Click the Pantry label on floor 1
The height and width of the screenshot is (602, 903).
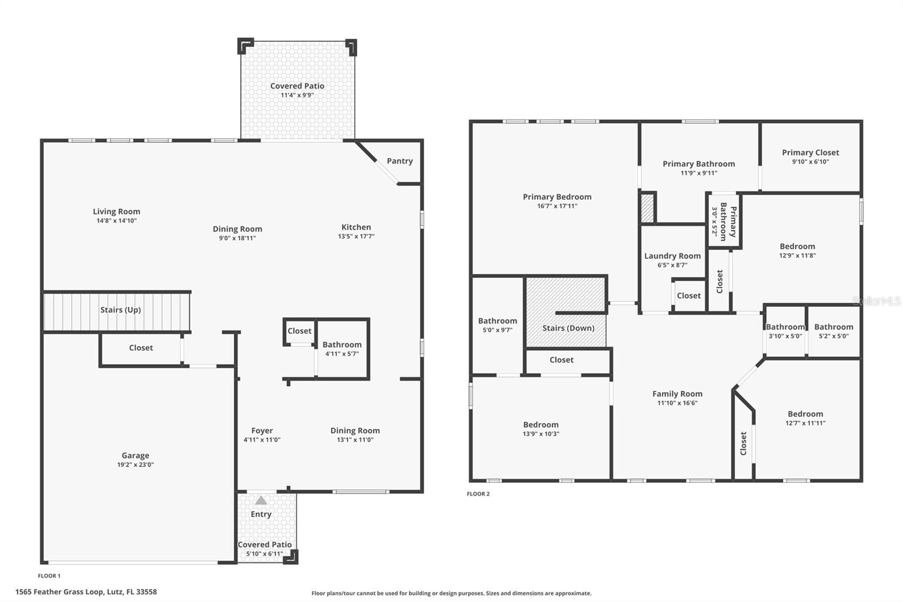(x=400, y=161)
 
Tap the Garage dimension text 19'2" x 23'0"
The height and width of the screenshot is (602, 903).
(x=135, y=465)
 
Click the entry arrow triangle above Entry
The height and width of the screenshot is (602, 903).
(x=261, y=500)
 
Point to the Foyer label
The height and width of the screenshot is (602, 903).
(x=262, y=430)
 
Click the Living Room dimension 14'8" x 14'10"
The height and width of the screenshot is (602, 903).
(x=116, y=221)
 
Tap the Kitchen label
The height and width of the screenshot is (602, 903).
(x=356, y=227)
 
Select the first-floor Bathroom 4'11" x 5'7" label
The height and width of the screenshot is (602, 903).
(x=342, y=344)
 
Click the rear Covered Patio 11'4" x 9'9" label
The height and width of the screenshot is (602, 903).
(x=297, y=86)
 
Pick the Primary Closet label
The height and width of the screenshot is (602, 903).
(x=810, y=152)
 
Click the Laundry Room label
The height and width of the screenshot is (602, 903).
(x=672, y=256)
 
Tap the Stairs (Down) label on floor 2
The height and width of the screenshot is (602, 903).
(x=568, y=328)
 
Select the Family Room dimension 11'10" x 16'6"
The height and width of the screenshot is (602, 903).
(x=677, y=403)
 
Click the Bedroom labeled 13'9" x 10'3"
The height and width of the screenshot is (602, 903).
(x=541, y=425)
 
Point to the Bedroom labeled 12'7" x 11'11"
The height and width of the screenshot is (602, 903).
(x=805, y=414)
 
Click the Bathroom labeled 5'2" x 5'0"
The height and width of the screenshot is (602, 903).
(x=834, y=327)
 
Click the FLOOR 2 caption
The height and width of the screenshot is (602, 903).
(x=478, y=494)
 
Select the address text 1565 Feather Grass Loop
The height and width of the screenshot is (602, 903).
(x=86, y=592)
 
